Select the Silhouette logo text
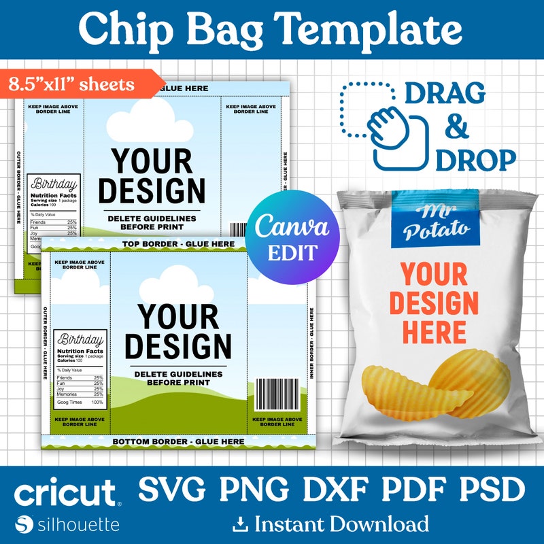coord(76,524)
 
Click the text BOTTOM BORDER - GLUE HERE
coord(177,441)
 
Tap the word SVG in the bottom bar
coord(173,490)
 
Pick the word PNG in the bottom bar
coord(252,490)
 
